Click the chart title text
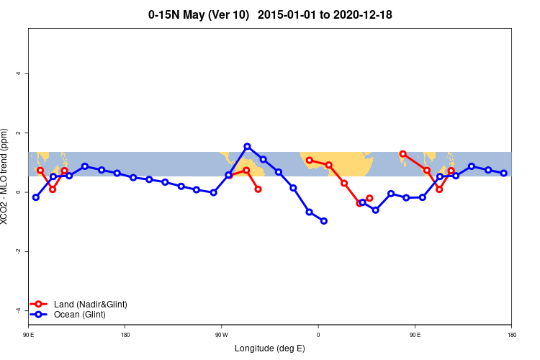[270, 14]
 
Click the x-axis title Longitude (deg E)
[270, 348]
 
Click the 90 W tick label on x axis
[221, 334]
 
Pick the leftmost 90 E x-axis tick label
[29, 334]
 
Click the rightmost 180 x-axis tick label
[511, 334]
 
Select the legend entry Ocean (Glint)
[80, 315]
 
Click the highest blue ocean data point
[247, 146]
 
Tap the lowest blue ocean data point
[324, 221]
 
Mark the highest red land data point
[402, 153]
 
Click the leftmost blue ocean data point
[36, 197]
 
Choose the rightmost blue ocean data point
[504, 173]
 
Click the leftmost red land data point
[40, 171]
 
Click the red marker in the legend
[40, 305]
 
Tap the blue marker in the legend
[40, 315]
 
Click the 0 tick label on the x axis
[318, 334]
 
